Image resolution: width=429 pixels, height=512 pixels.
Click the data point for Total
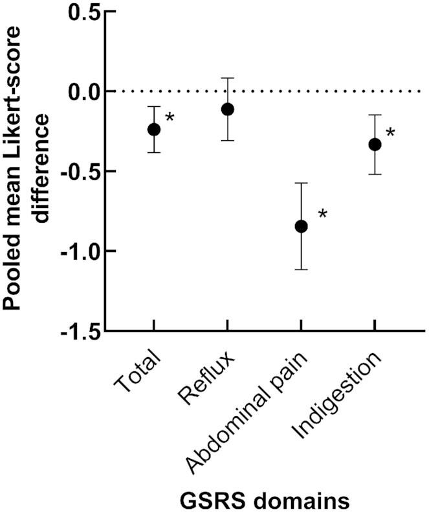pos(153,129)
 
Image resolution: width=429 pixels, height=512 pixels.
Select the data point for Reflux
pos(227,109)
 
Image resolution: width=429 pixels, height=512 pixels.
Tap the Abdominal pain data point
pos(301,226)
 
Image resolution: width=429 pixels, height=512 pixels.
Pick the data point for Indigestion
pos(374,145)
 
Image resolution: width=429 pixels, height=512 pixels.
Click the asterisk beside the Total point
pos(170,117)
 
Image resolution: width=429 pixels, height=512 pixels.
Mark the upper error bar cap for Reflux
pos(227,78)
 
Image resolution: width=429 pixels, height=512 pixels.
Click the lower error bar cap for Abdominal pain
pos(301,269)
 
